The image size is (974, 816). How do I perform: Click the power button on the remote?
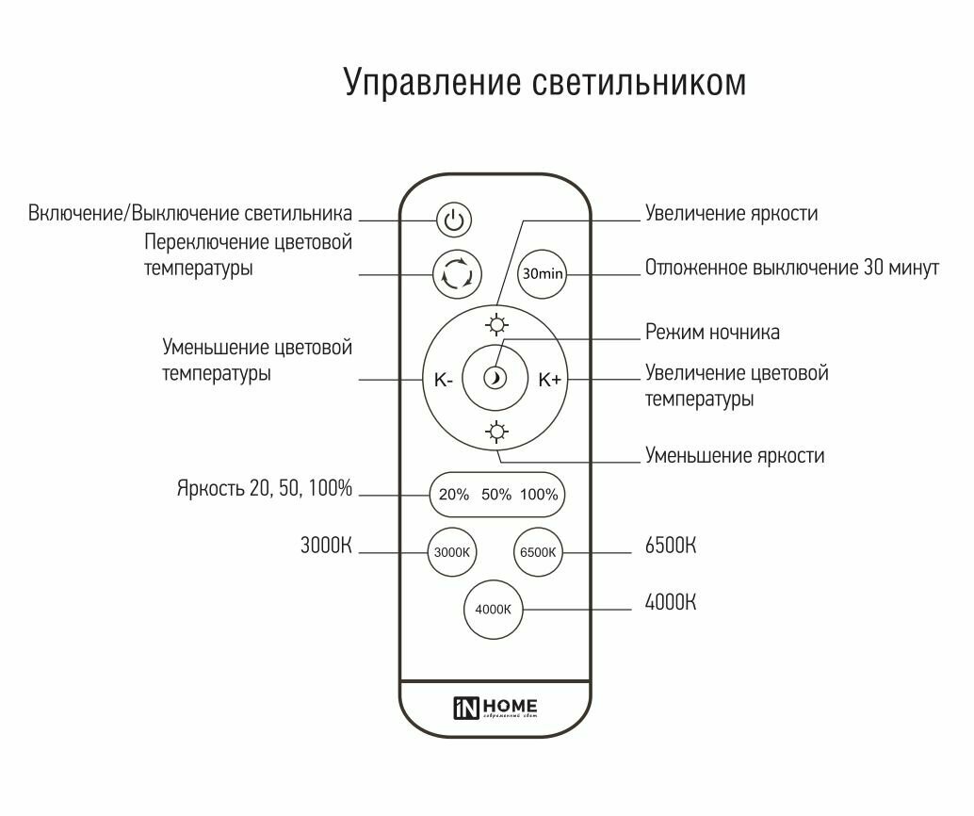(x=454, y=221)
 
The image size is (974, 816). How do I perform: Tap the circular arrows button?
(x=457, y=274)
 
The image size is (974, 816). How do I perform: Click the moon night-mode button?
(x=495, y=379)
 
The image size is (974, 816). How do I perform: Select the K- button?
(x=444, y=381)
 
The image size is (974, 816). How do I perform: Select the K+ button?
(x=549, y=381)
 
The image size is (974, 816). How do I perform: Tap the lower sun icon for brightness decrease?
(x=496, y=432)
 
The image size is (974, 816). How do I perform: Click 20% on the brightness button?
(x=454, y=495)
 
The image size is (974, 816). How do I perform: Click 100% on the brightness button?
(x=539, y=495)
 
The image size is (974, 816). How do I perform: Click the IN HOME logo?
(x=495, y=709)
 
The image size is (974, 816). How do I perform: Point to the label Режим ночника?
(x=711, y=333)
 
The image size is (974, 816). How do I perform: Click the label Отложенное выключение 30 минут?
(x=791, y=268)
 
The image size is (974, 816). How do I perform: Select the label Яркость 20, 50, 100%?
(x=264, y=489)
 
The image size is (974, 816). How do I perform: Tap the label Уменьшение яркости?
(x=734, y=456)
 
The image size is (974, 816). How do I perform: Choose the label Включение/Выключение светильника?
(x=190, y=213)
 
